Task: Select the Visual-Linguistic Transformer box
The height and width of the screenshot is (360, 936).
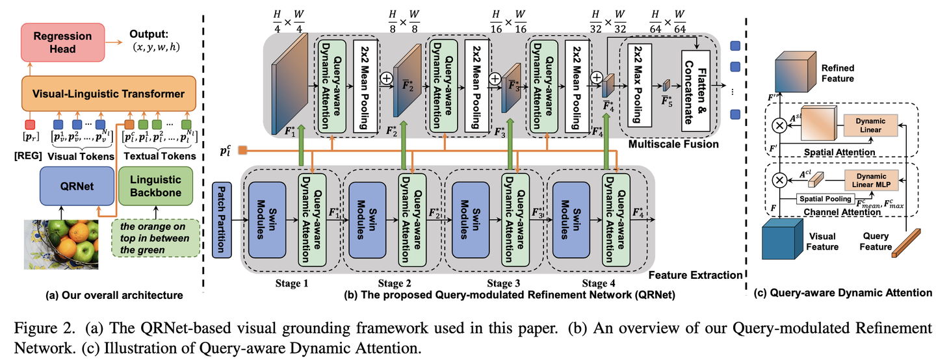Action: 109,94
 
